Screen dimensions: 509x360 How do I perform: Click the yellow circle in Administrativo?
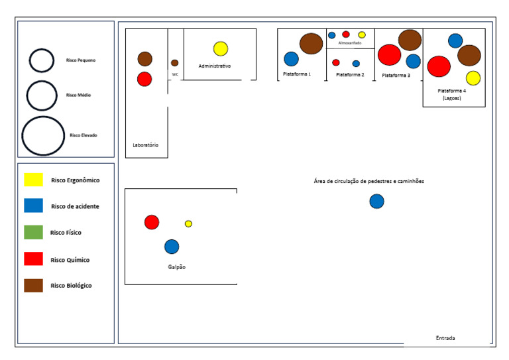click(221, 48)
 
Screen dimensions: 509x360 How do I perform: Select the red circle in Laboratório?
click(144, 79)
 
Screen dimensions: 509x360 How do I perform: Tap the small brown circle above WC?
click(175, 63)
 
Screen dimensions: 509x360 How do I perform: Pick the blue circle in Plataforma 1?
click(292, 59)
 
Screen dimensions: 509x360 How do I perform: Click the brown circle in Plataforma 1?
click(311, 43)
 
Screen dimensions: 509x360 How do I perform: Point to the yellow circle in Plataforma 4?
click(473, 78)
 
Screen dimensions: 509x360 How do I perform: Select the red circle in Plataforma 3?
click(390, 54)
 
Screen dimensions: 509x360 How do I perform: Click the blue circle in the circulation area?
click(376, 201)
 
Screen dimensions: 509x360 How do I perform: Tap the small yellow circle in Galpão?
click(188, 223)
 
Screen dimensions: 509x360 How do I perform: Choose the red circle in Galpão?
click(152, 222)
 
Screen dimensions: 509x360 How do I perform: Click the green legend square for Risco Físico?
click(33, 233)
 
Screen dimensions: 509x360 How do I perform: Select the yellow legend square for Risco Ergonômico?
click(33, 180)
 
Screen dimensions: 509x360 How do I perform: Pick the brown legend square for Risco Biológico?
click(33, 285)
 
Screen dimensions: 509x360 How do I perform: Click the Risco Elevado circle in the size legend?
click(43, 135)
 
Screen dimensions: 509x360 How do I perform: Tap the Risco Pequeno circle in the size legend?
click(41, 60)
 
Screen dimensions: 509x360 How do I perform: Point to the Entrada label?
click(445, 338)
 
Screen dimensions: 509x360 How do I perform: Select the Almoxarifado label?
click(350, 43)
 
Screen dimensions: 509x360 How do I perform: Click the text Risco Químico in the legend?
click(70, 260)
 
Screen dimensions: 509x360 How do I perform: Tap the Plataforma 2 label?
click(350, 75)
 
